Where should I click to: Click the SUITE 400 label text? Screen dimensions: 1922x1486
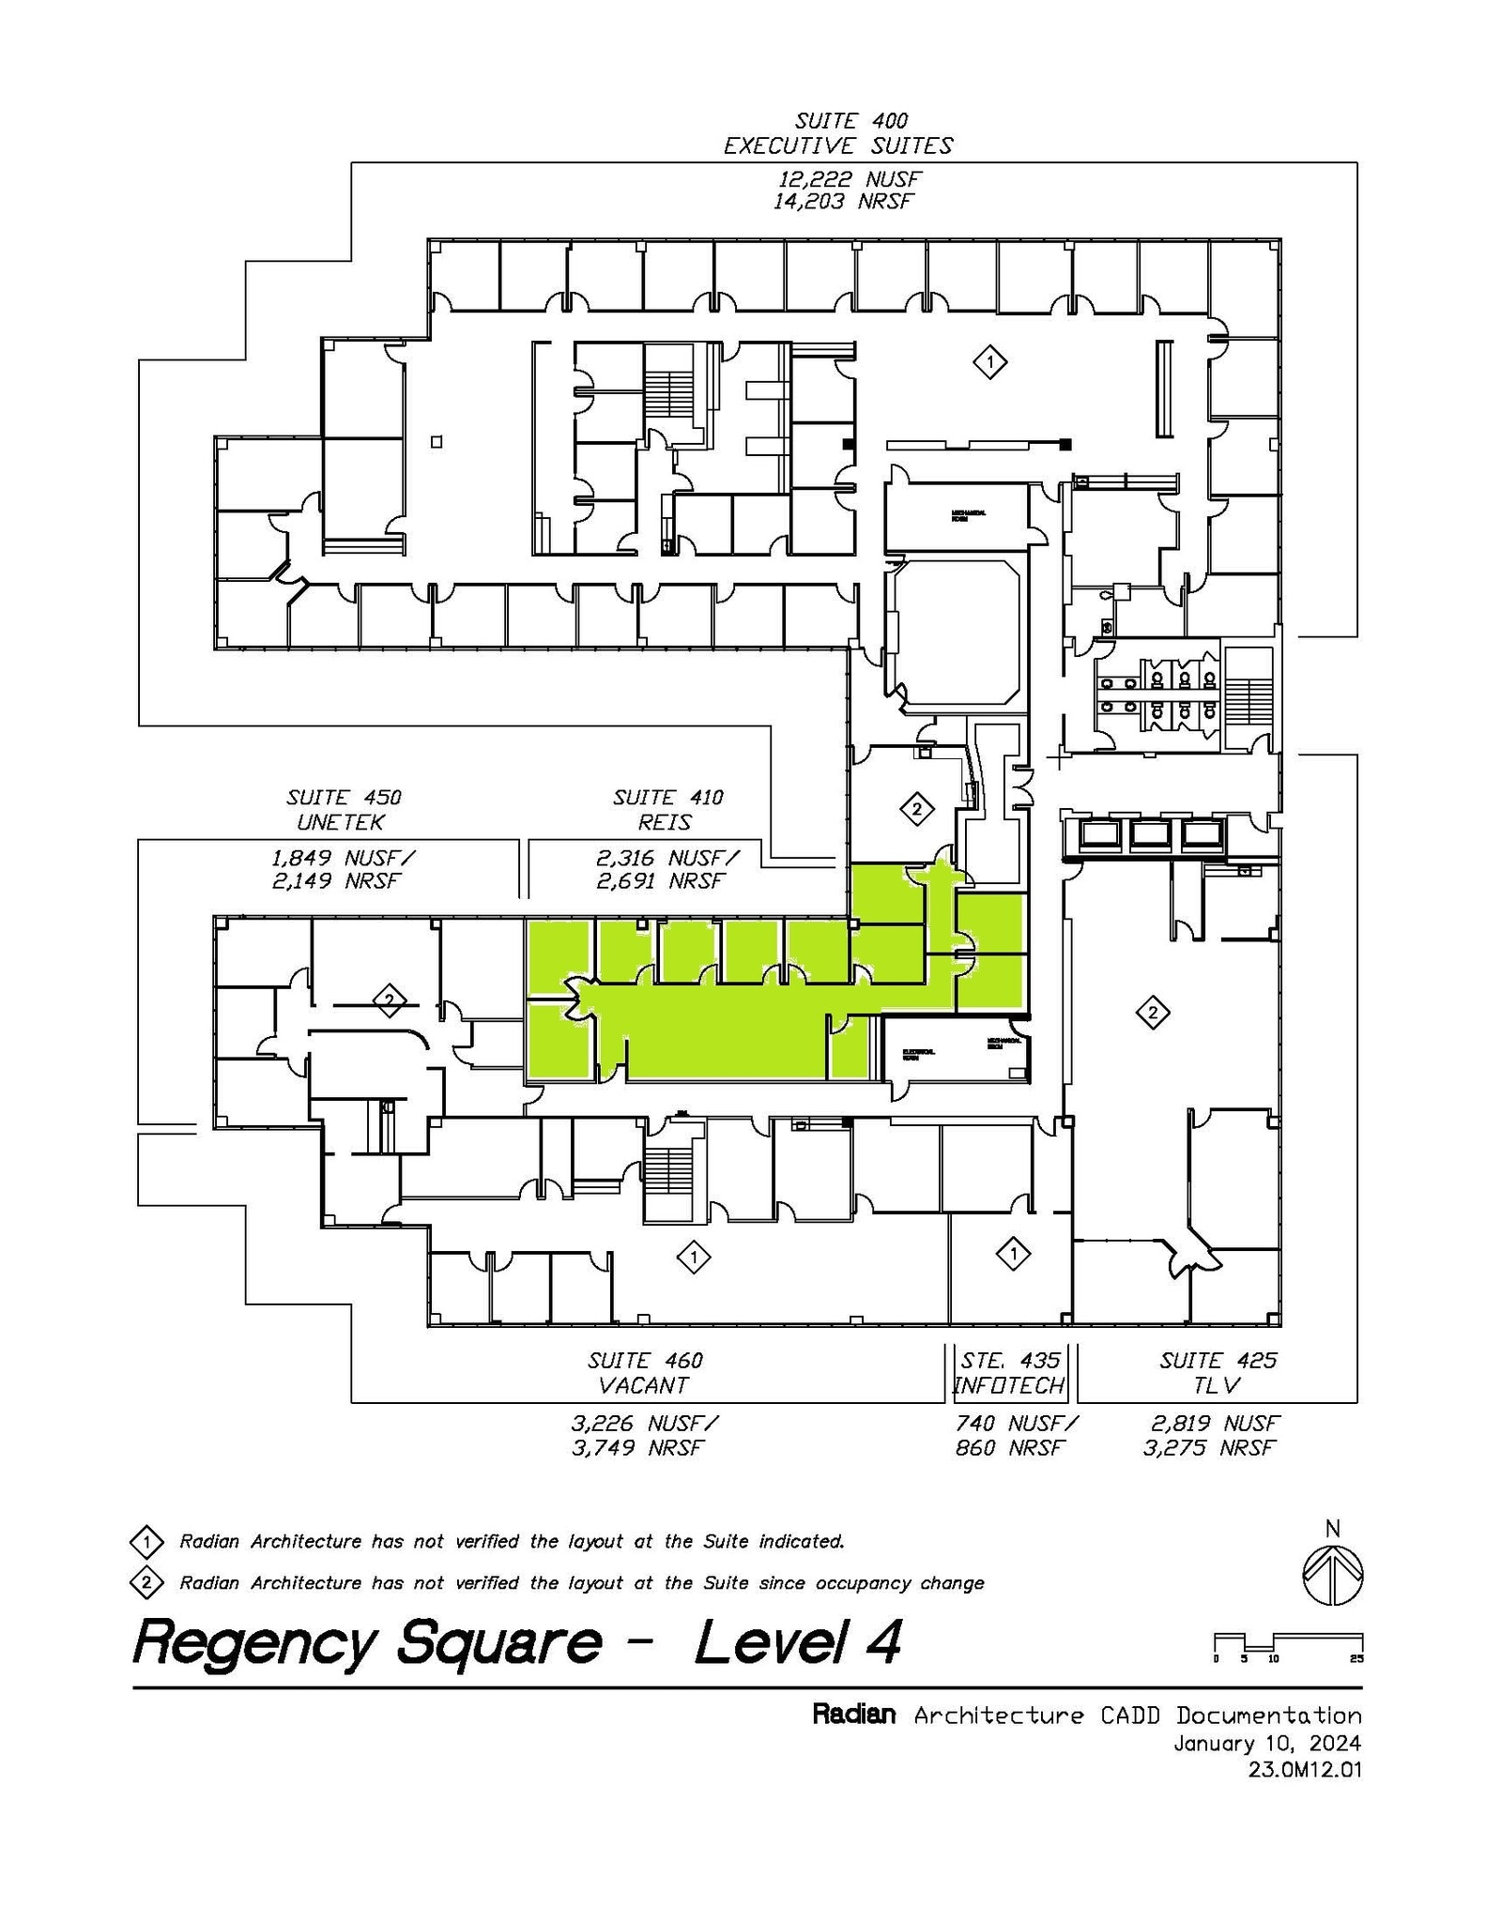pos(850,121)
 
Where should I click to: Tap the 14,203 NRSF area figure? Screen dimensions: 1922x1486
pos(842,202)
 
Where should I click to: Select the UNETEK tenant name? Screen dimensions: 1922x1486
pos(341,823)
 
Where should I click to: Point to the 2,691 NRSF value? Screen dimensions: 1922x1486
pos(661,881)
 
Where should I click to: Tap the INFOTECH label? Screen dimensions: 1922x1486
pos(1009,1385)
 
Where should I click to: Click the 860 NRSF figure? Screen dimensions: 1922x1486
pos(1009,1448)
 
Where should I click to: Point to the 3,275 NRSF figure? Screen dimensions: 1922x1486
pos(1209,1448)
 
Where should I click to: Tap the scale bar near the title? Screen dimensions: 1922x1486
pos(1288,1643)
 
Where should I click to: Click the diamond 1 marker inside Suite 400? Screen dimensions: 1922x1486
pos(989,361)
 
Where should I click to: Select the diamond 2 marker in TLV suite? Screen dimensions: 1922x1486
pos(1152,1013)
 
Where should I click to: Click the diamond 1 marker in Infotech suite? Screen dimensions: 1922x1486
pos(1013,1253)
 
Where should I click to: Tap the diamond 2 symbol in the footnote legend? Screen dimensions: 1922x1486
pos(146,1583)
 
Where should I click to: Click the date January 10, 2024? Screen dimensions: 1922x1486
pos(1266,1744)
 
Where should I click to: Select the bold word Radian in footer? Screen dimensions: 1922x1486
pos(852,1716)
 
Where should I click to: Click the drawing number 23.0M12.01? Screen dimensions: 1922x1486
pos(1304,1770)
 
